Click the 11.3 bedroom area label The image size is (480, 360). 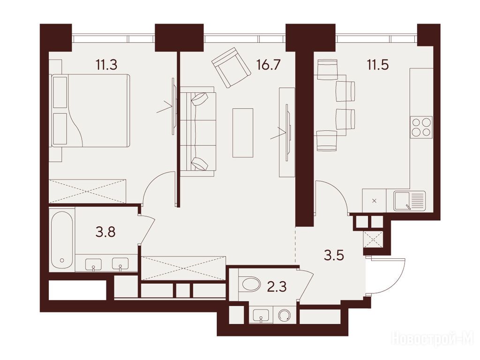(x=106, y=65)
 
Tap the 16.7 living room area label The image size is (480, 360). (x=269, y=65)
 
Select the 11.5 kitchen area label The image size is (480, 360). (x=378, y=65)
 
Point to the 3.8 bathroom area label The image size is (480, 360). (x=105, y=232)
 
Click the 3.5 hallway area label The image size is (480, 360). (x=334, y=255)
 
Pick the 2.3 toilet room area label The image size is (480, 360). (x=277, y=287)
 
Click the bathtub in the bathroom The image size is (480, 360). (x=62, y=240)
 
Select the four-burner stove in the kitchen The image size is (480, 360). (x=421, y=127)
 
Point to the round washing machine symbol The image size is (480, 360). (x=285, y=315)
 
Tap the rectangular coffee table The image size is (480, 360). (x=243, y=133)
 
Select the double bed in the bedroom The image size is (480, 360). (x=90, y=111)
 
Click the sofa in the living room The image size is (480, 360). (x=198, y=131)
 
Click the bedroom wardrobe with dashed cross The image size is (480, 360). (x=88, y=191)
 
